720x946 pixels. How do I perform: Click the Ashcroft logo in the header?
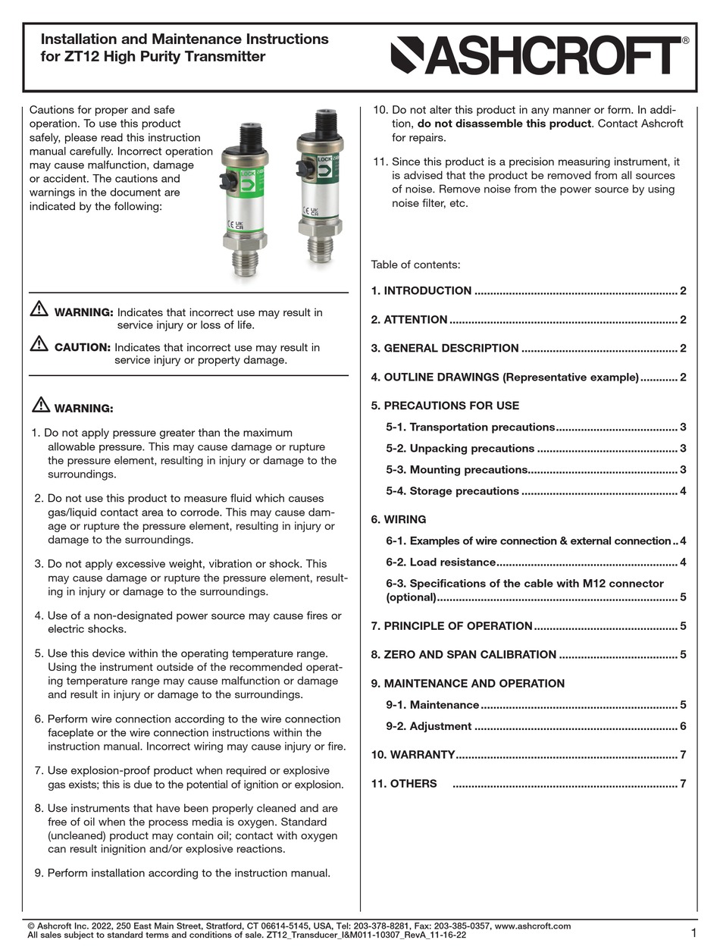540,57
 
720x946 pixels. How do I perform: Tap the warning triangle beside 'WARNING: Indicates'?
39,309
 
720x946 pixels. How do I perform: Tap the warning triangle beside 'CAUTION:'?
39,344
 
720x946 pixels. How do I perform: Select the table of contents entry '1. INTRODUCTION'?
421,291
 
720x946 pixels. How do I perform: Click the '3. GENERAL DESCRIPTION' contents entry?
445,349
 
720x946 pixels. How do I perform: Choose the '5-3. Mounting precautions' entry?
457,470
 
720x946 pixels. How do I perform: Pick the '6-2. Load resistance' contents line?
441,562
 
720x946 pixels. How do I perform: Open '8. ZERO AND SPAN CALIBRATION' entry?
463,655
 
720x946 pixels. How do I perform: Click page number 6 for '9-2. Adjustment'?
683,726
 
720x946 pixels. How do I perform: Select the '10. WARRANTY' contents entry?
413,755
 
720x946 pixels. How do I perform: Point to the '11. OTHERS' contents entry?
404,784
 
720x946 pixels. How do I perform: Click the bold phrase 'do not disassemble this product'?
503,124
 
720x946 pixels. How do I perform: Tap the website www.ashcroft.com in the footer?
532,926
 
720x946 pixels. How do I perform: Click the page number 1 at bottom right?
694,932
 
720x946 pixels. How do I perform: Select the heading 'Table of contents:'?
415,265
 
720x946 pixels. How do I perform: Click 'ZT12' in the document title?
76,57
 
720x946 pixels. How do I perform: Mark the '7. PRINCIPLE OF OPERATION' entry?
452,626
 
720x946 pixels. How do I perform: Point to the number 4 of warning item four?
38,616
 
